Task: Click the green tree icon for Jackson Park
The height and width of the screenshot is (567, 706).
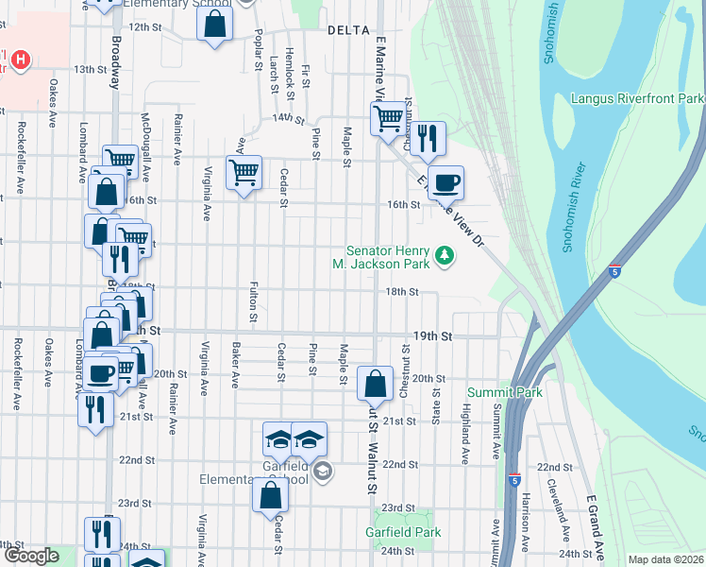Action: (x=444, y=255)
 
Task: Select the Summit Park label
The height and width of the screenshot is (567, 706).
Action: (x=504, y=391)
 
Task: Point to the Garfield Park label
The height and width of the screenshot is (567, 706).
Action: (x=403, y=532)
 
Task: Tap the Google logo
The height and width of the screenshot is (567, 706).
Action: (x=31, y=556)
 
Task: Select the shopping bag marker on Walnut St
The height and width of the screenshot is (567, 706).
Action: (x=375, y=383)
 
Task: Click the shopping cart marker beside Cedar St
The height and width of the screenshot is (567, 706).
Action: (x=244, y=172)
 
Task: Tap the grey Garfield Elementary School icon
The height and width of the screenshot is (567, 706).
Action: (x=323, y=471)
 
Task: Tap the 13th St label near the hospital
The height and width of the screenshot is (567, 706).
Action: (x=91, y=69)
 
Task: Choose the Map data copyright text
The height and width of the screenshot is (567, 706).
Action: (x=664, y=559)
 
